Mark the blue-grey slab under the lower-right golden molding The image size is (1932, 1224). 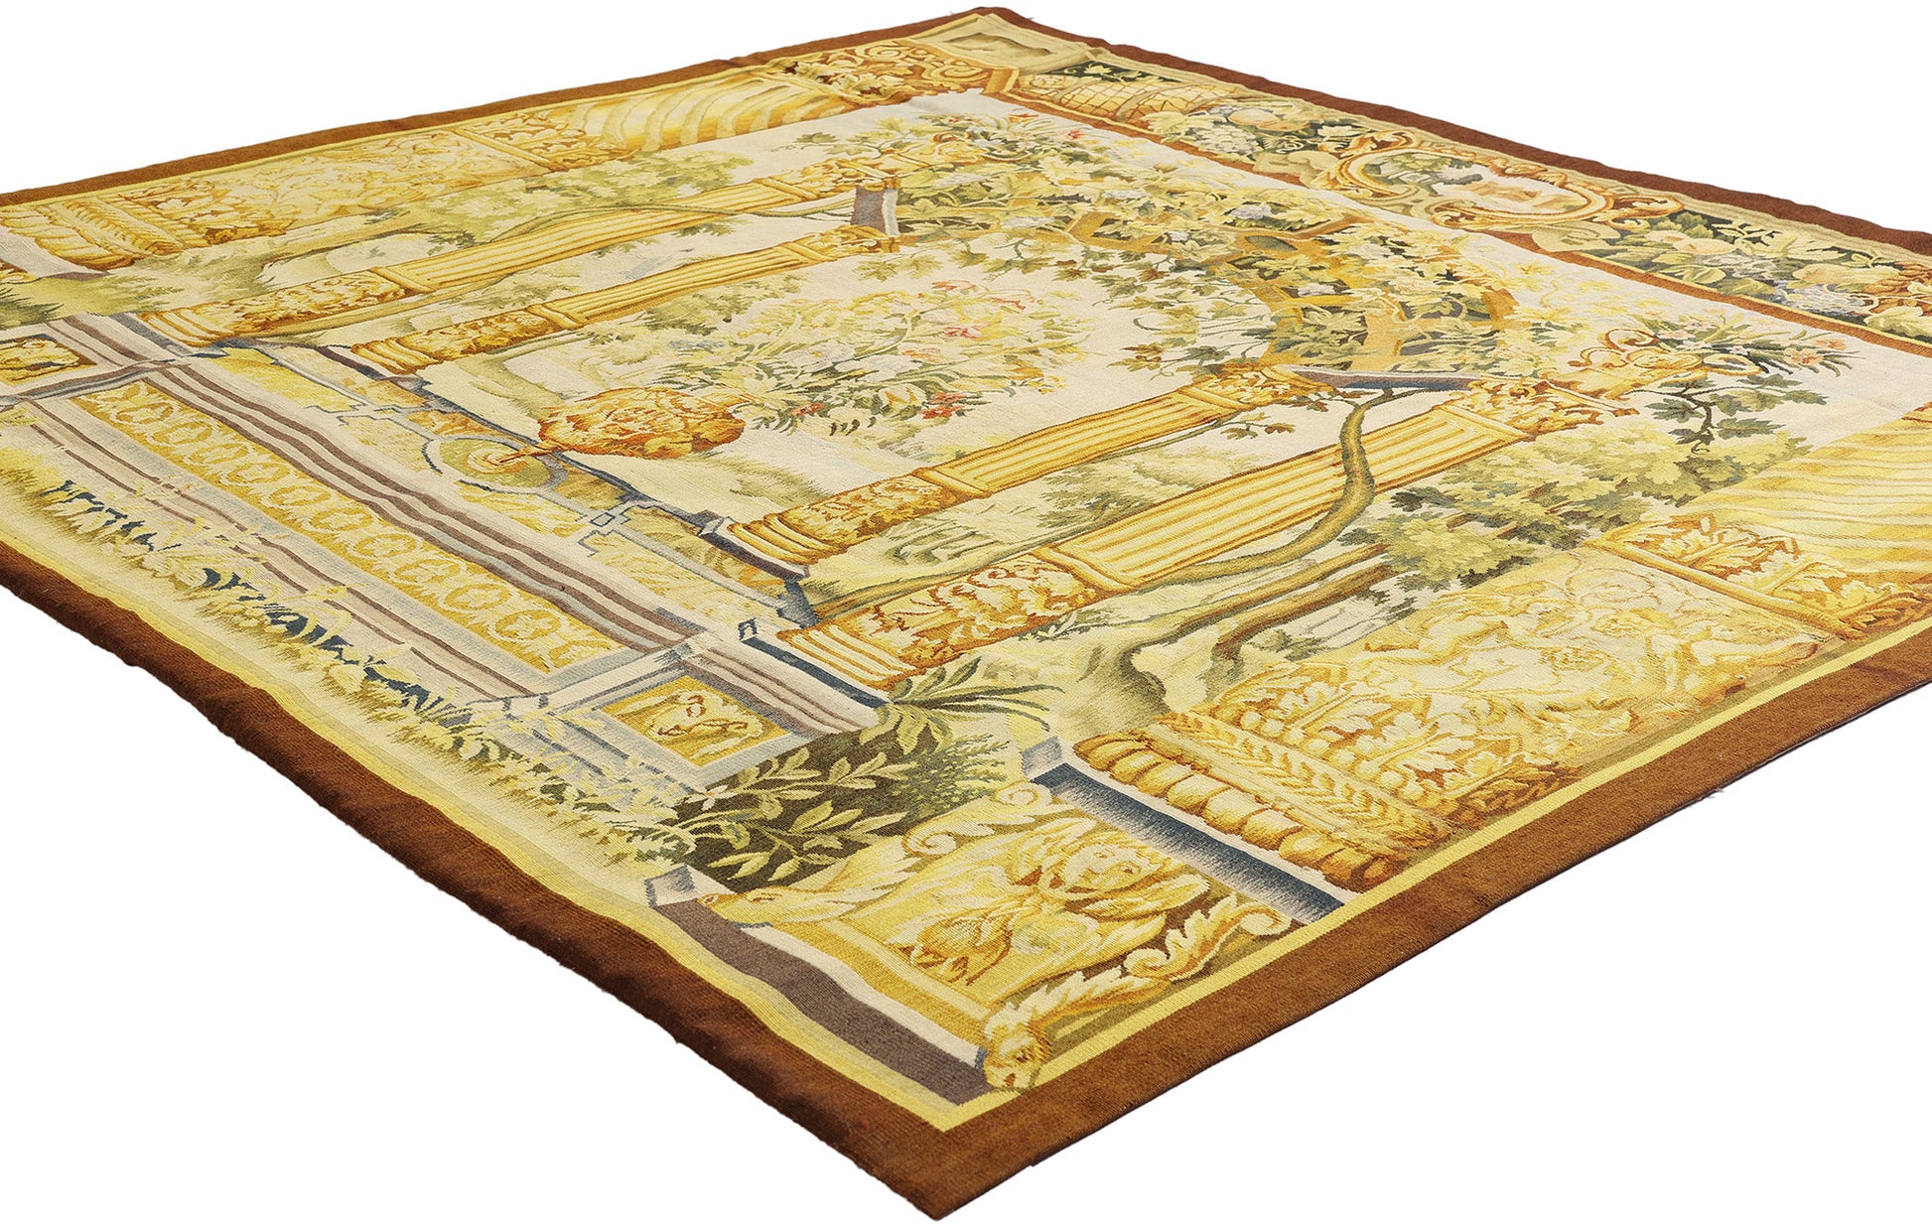coord(1191,844)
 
